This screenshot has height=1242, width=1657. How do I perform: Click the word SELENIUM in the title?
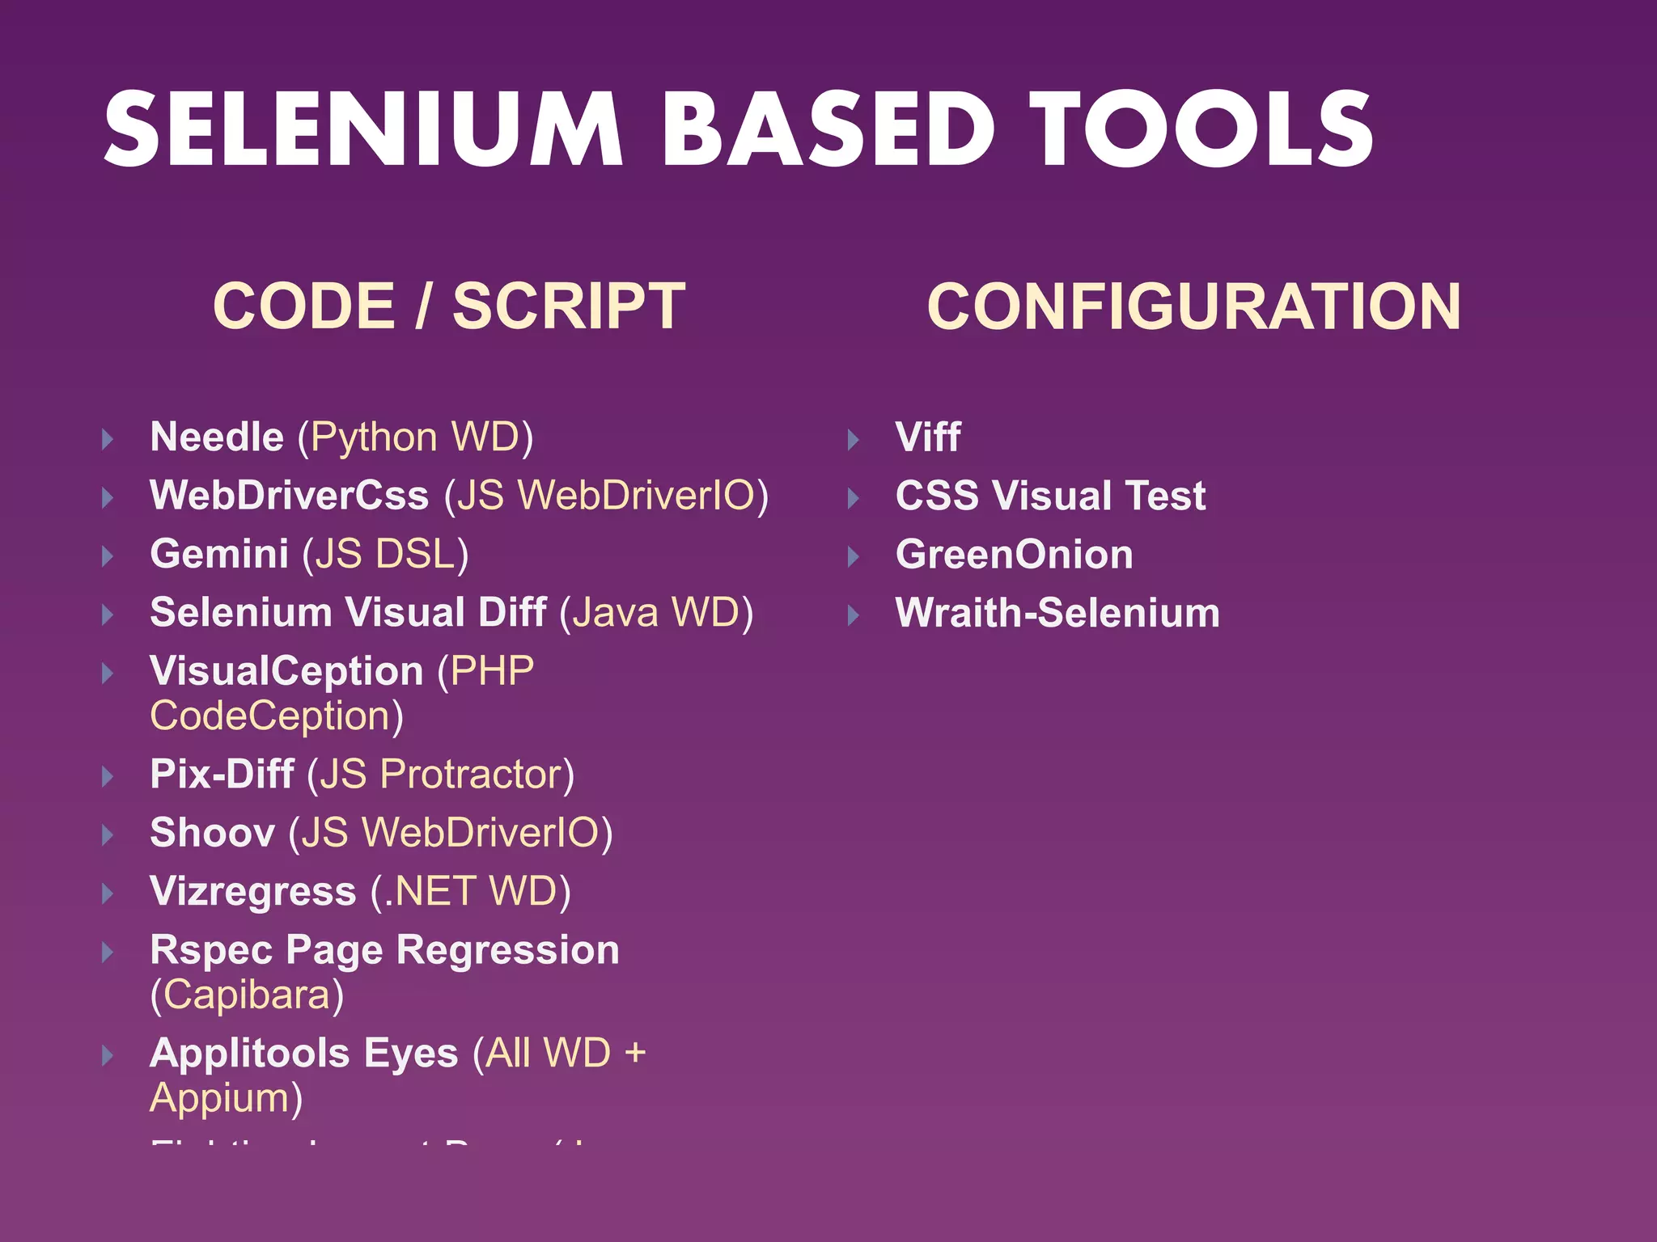(363, 129)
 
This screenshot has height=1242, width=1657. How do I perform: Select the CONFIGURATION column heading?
(1193, 306)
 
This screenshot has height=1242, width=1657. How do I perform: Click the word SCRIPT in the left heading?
(569, 306)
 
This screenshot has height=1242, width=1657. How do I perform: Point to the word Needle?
(217, 437)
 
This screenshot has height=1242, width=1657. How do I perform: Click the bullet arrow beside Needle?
(108, 440)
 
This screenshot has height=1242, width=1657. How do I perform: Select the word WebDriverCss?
(289, 496)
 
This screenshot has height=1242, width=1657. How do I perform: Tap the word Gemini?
(219, 555)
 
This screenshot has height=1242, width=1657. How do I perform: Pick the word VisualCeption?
(286, 671)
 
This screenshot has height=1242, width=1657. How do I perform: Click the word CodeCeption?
(270, 716)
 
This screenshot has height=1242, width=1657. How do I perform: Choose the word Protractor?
(471, 775)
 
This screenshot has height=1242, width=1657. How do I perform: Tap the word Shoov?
(212, 833)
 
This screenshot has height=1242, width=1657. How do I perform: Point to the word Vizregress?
(252, 892)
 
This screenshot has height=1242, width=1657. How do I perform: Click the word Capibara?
(247, 995)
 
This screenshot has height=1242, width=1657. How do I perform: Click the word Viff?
(927, 437)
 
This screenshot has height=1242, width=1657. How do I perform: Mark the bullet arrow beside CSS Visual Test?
(853, 498)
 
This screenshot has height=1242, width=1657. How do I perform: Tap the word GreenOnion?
(1014, 555)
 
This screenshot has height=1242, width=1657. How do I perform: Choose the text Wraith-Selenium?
(1057, 613)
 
